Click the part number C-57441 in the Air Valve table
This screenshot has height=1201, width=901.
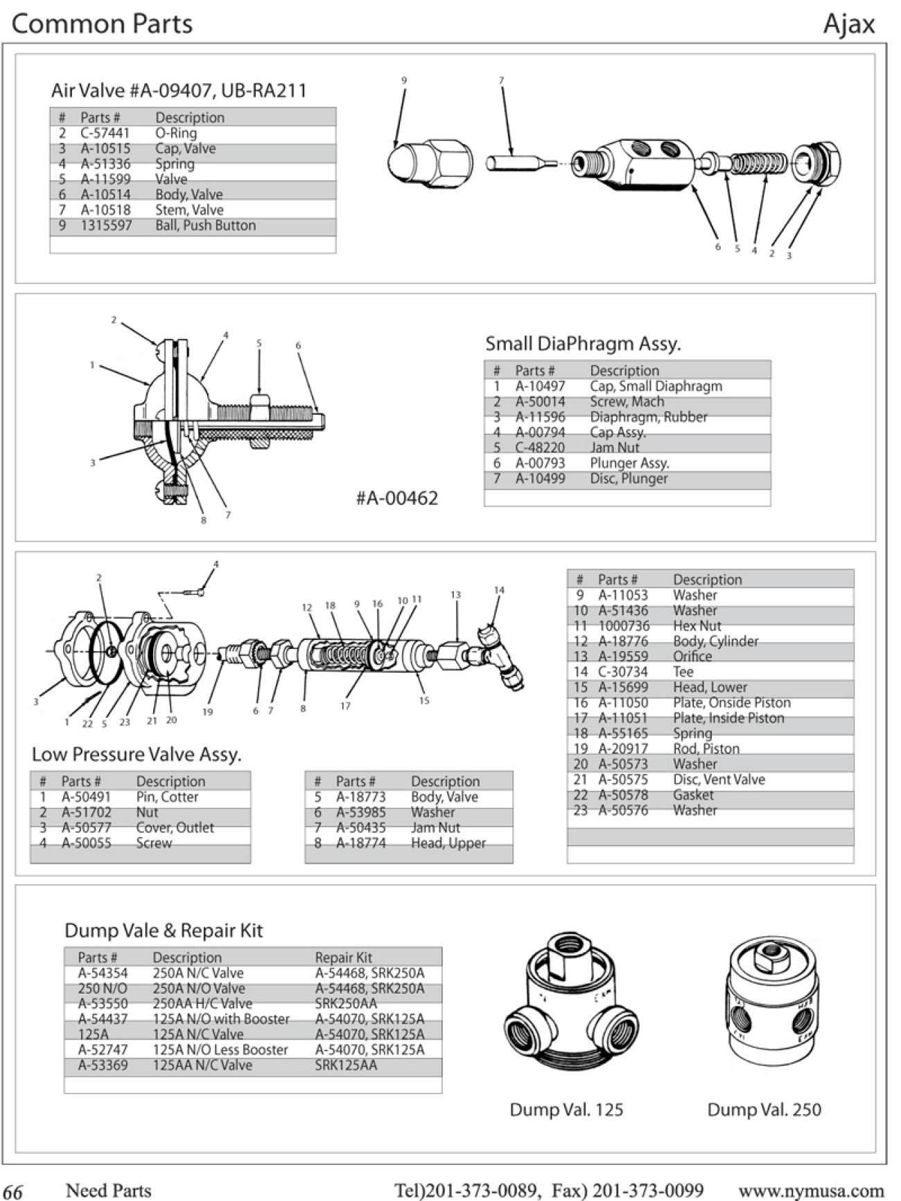[105, 133]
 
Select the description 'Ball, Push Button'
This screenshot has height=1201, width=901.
[205, 225]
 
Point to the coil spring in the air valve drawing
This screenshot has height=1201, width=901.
[759, 164]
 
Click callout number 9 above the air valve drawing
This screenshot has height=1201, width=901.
[404, 81]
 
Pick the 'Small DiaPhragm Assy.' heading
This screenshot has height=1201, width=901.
[583, 343]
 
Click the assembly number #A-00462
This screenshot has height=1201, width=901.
[397, 498]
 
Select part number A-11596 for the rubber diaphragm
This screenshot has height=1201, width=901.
[540, 417]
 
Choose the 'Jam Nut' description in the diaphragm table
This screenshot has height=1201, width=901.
[615, 447]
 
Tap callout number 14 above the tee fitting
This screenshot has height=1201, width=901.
[499, 590]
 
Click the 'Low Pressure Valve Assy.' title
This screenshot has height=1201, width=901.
[137, 754]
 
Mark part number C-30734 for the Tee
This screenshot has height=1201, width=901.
[623, 672]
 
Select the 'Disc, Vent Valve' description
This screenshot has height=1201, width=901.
[719, 779]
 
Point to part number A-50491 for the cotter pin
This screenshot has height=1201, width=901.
[86, 797]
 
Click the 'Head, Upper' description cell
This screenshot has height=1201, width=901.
[448, 843]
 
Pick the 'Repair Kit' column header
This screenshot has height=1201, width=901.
[343, 958]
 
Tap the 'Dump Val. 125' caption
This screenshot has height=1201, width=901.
[566, 1109]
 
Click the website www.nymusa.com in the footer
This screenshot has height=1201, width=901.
[811, 1190]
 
